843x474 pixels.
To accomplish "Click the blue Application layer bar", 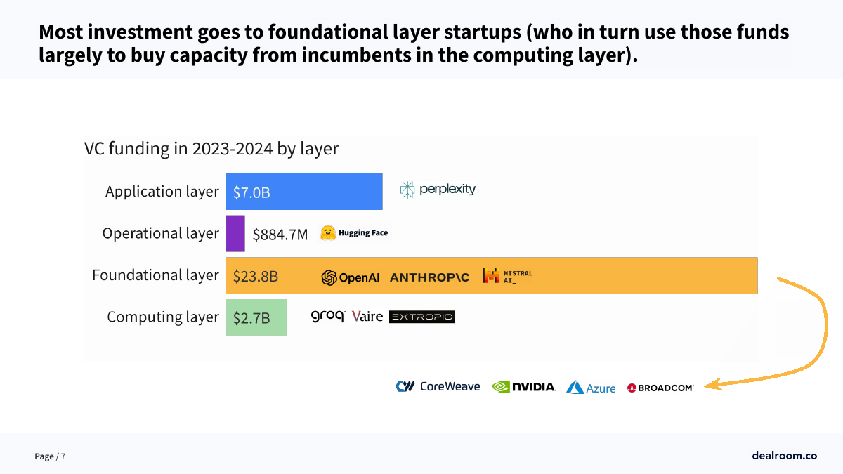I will pyautogui.click(x=304, y=192).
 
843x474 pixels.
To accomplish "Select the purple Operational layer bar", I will pyautogui.click(x=235, y=233).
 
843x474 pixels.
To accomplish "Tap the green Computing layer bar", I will pyautogui.click(x=256, y=317).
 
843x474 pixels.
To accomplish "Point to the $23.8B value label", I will pyautogui.click(x=256, y=276).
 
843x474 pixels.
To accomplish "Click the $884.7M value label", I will pyautogui.click(x=280, y=234).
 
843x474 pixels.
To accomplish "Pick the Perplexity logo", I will pyautogui.click(x=438, y=190).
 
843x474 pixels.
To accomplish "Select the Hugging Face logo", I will pyautogui.click(x=354, y=233).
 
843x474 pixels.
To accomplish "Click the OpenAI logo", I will pyautogui.click(x=350, y=277).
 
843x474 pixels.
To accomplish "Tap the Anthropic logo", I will pyautogui.click(x=429, y=277).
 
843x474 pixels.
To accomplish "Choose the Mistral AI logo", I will pyautogui.click(x=507, y=276).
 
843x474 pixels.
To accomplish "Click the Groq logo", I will pyautogui.click(x=327, y=317).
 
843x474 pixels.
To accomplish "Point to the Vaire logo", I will pyautogui.click(x=367, y=317).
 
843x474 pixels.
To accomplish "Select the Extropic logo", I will pyautogui.click(x=421, y=317).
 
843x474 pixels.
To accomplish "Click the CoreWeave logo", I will pyautogui.click(x=438, y=386).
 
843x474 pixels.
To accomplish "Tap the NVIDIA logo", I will pyautogui.click(x=523, y=386).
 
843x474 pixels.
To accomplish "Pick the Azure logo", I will pyautogui.click(x=591, y=388).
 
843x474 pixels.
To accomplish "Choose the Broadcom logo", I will pyautogui.click(x=660, y=388).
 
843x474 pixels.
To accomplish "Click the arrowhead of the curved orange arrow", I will pyautogui.click(x=711, y=385).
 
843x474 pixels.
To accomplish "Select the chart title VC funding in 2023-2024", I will pyautogui.click(x=211, y=149).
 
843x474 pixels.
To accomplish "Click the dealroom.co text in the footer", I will pyautogui.click(x=784, y=456).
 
